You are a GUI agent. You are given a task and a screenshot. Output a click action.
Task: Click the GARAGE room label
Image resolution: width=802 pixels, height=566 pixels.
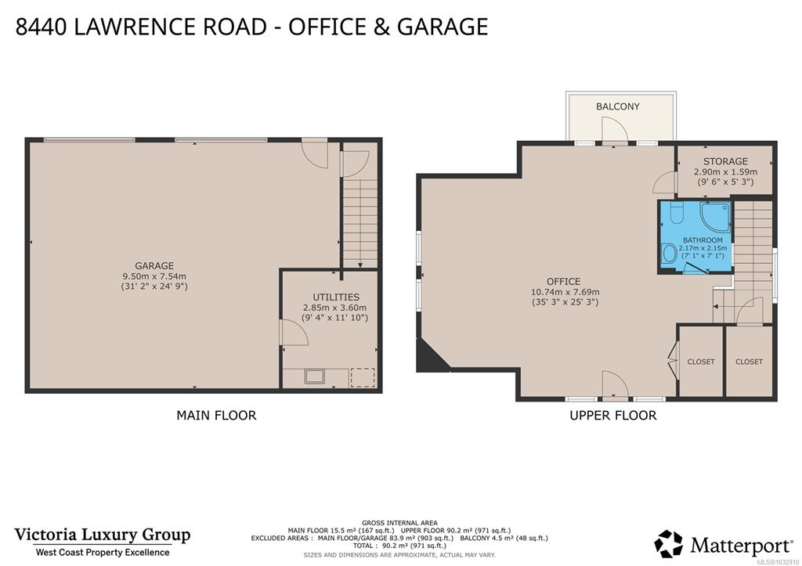pos(154,265)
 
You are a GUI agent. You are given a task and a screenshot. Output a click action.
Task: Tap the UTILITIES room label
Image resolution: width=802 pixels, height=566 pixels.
pos(336,297)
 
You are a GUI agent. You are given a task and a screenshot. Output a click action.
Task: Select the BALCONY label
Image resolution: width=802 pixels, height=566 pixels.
pos(617,106)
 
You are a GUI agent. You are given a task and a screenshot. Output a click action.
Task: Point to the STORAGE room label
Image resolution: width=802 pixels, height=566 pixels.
pos(725,161)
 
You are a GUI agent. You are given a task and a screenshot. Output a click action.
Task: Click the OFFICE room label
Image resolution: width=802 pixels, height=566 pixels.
pos(563,281)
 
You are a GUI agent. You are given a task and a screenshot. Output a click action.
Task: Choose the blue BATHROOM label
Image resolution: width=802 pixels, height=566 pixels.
pos(703,240)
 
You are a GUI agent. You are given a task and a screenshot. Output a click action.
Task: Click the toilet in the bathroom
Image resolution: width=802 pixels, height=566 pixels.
pos(676,214)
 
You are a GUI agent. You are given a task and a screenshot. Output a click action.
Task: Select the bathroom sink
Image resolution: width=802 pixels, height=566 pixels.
pos(668,254)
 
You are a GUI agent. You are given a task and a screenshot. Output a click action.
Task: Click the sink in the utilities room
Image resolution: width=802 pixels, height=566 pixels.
pos(315,377)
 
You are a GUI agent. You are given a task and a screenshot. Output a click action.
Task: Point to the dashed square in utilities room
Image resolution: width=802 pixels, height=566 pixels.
pos(362,378)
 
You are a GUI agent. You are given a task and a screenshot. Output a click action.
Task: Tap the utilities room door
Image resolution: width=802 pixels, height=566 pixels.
pos(294,333)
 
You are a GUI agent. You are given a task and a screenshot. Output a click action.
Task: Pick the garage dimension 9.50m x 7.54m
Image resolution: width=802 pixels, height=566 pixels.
pos(154,276)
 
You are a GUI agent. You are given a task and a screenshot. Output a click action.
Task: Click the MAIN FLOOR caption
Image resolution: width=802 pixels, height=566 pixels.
pos(216,415)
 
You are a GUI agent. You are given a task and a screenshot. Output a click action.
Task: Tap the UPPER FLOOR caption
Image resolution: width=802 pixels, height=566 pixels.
pos(613,415)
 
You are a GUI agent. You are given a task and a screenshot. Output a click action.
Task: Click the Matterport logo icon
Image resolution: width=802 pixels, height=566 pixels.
pos(669,544)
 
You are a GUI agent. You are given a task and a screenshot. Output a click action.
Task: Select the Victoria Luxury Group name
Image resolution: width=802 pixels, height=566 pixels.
pos(103,535)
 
